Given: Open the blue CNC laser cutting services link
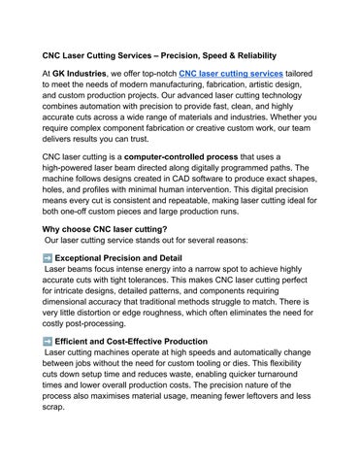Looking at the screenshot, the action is tap(232, 73).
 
